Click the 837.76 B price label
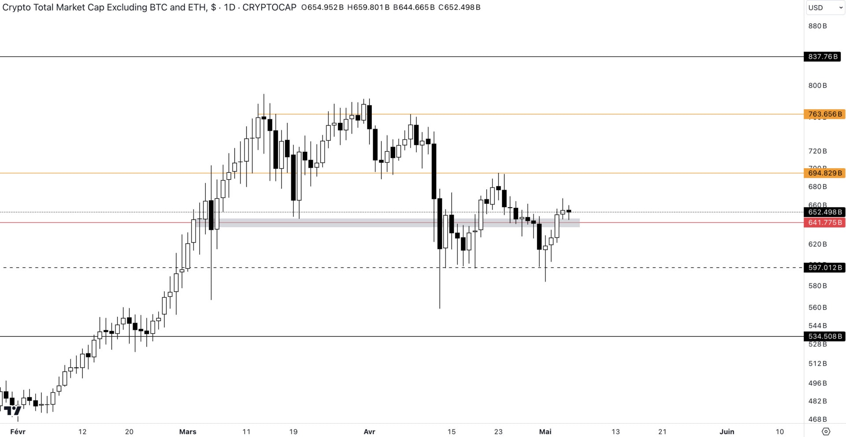coord(823,57)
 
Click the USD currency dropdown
coord(825,7)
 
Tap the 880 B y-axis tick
coord(817,26)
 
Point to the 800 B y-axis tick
coord(817,85)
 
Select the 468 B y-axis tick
coord(817,419)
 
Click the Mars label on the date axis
coord(188,432)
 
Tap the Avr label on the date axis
coord(369,432)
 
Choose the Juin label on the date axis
coord(727,432)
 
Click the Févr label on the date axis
coord(18,432)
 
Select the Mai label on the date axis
coord(545,432)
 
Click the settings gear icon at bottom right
coord(826,432)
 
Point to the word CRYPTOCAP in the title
coord(269,7)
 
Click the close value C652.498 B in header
coord(459,7)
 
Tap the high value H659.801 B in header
coord(368,7)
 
